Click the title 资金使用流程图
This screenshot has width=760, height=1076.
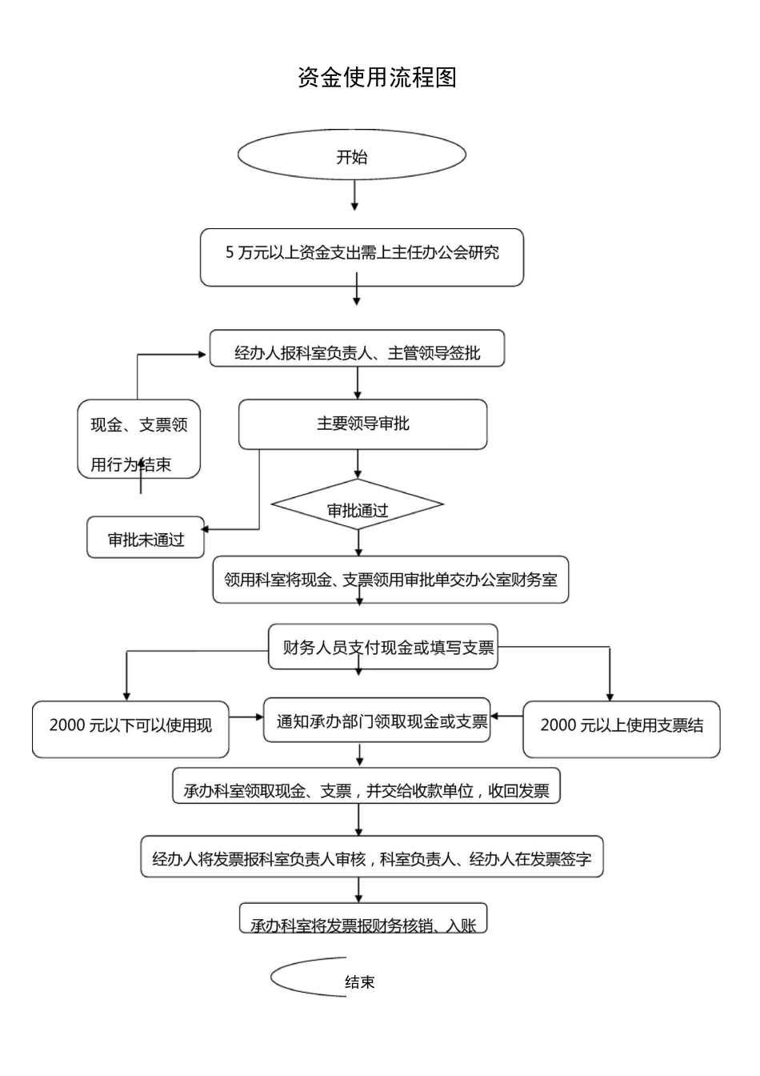tap(377, 78)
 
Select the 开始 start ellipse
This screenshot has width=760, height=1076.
tap(352, 156)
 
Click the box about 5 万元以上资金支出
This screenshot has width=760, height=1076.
tap(362, 257)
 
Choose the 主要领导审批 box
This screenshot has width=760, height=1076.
tap(362, 424)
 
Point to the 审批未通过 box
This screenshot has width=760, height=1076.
tap(146, 537)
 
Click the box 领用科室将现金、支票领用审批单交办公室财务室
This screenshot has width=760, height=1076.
tap(390, 580)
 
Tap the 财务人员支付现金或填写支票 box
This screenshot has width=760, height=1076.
tap(383, 647)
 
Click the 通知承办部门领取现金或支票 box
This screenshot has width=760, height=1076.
tap(378, 720)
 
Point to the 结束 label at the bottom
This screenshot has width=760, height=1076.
tap(359, 982)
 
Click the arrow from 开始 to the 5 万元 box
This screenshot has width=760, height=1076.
tap(354, 196)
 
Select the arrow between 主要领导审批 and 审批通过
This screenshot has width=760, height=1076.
tap(358, 464)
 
